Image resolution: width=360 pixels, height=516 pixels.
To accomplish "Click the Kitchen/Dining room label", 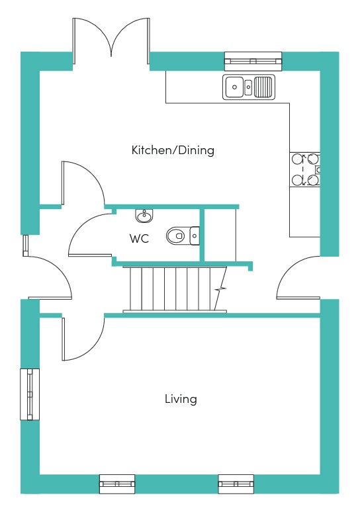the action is tap(173, 150).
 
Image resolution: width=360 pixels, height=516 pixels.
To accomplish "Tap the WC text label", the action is tap(140, 239).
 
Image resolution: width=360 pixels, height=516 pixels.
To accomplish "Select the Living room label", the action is tap(181, 399).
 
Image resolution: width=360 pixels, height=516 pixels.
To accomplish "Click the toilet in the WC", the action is tap(183, 236).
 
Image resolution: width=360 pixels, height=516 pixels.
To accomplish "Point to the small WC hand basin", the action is tap(144, 216).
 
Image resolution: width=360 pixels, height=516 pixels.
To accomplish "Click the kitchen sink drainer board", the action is tap(264, 87).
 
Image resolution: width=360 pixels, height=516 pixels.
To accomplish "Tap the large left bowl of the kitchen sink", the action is tap(234, 87).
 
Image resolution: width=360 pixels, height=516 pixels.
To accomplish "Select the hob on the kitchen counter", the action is tap(304, 170).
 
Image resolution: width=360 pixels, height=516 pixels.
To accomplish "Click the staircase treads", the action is tap(175, 288).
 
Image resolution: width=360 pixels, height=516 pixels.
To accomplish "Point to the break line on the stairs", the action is tap(220, 289).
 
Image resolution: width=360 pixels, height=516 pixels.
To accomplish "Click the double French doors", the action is tap(111, 41).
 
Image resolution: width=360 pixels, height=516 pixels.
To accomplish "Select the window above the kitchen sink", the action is tap(253, 62).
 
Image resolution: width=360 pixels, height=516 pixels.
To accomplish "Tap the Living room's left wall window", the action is tap(30, 394).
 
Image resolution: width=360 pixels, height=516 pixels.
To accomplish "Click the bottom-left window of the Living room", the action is tap(117, 484).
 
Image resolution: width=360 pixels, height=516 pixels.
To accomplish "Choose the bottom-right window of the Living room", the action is tap(236, 484).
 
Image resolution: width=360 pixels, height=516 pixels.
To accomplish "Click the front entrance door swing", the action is tap(60, 268).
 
